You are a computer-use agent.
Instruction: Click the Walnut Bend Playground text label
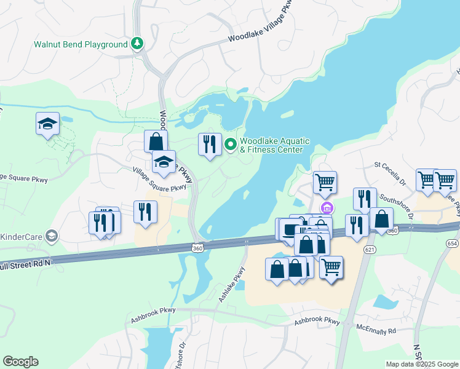pos(79,44)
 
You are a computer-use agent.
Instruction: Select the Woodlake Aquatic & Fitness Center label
pos(271,145)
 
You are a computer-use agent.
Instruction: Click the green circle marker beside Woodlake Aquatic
pos(231,145)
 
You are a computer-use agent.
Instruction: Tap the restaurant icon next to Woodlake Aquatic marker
pos(210,145)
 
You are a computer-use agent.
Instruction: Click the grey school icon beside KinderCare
pos(52,236)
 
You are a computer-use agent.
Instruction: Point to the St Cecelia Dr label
pos(391,173)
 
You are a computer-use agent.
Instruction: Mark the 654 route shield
pos(453,244)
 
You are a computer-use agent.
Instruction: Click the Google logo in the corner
pos(20,362)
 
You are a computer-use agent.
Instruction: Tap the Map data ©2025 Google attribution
pos(421,364)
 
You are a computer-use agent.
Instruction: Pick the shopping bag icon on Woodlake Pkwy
pos(156,141)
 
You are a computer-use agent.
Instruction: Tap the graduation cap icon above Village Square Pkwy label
pos(164,162)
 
